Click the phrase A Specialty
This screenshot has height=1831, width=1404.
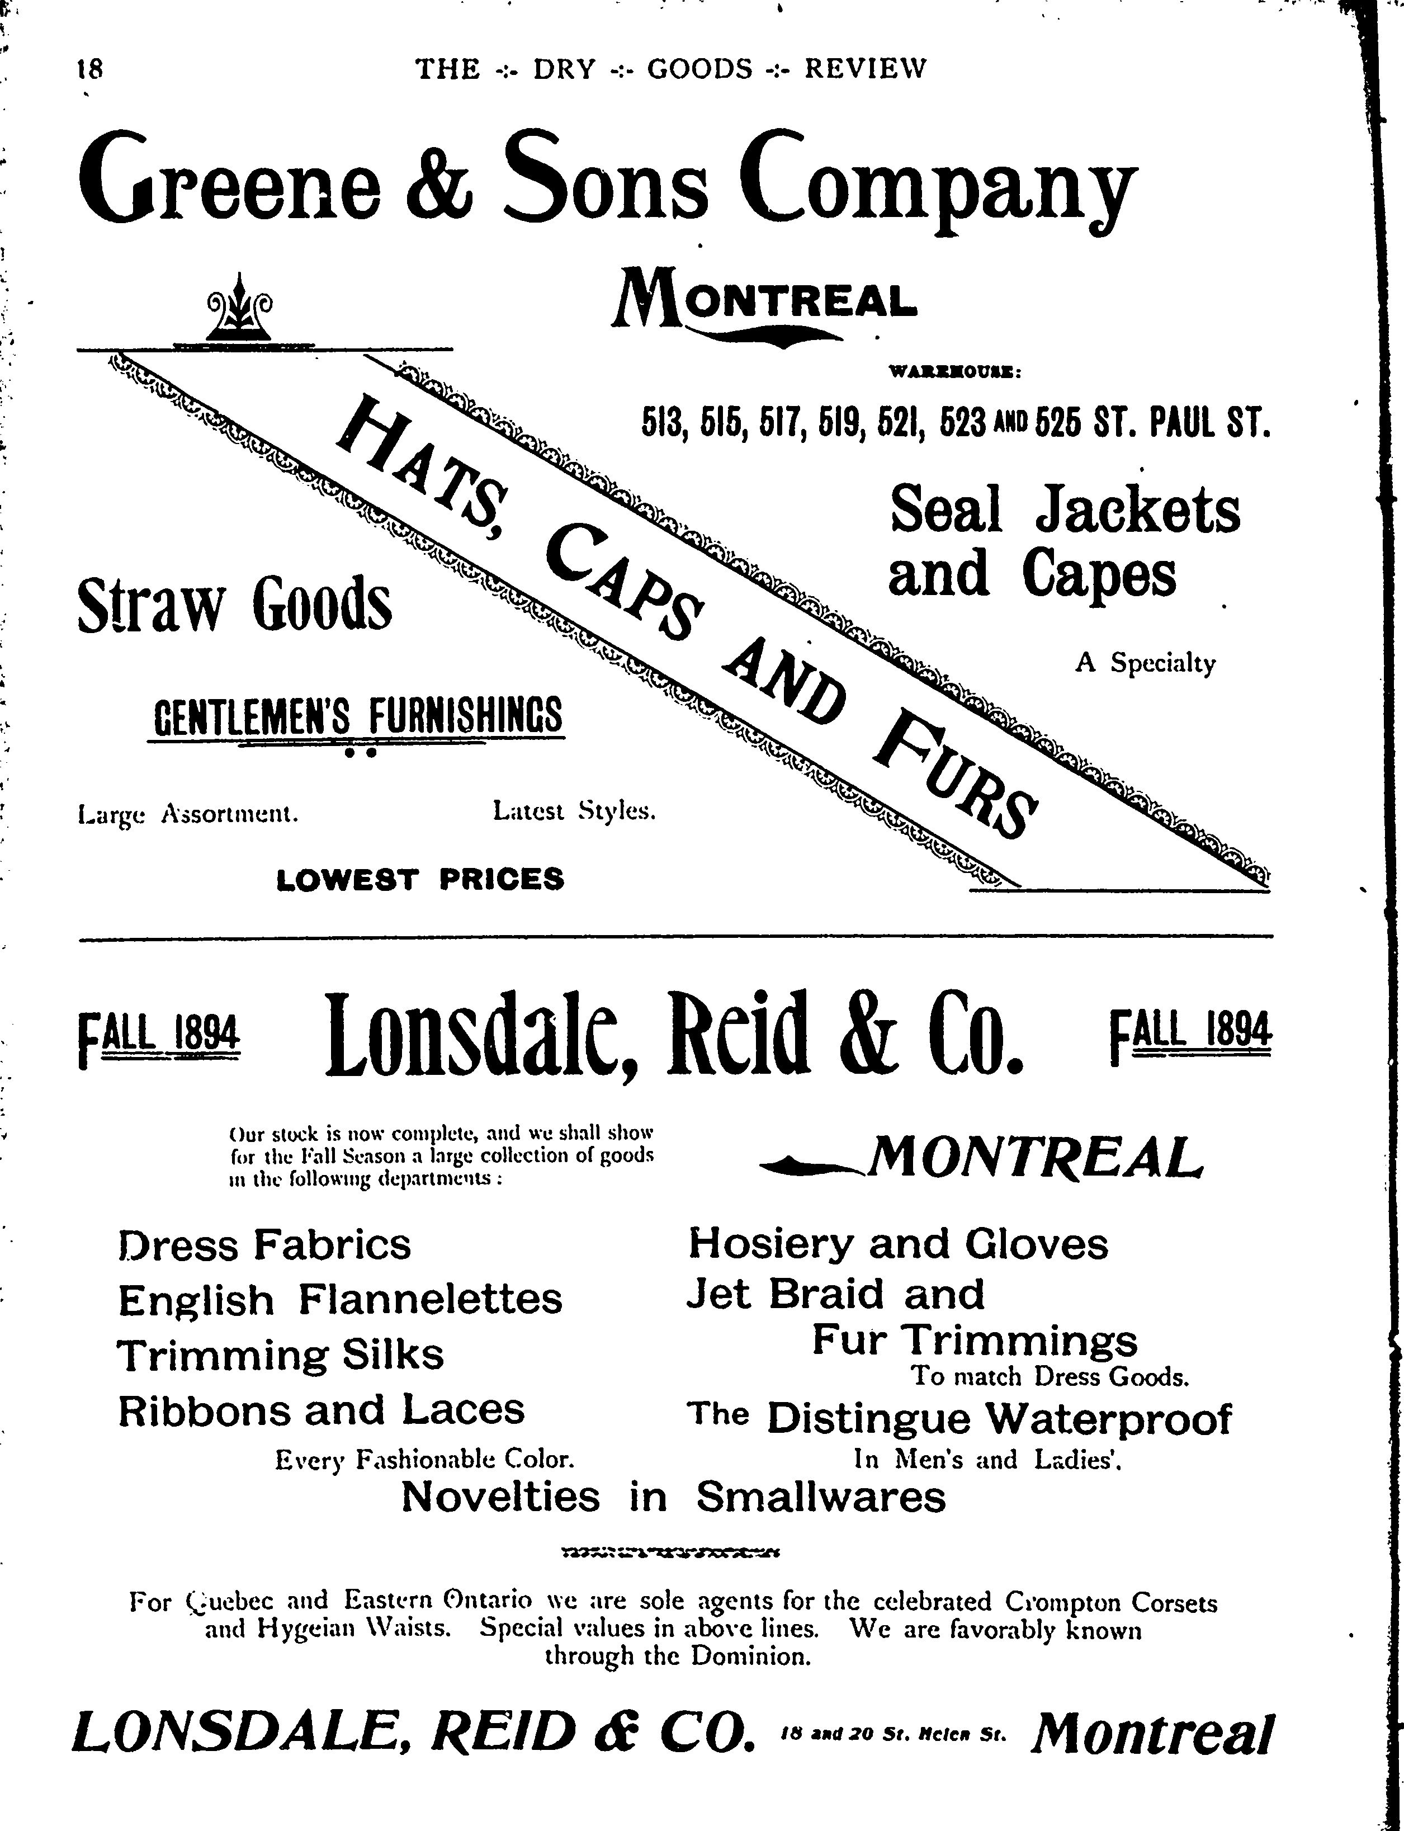click(1145, 663)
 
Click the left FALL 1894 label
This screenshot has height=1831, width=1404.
click(159, 1037)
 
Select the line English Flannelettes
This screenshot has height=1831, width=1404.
click(340, 1300)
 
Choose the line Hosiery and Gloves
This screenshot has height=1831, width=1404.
click(897, 1244)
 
